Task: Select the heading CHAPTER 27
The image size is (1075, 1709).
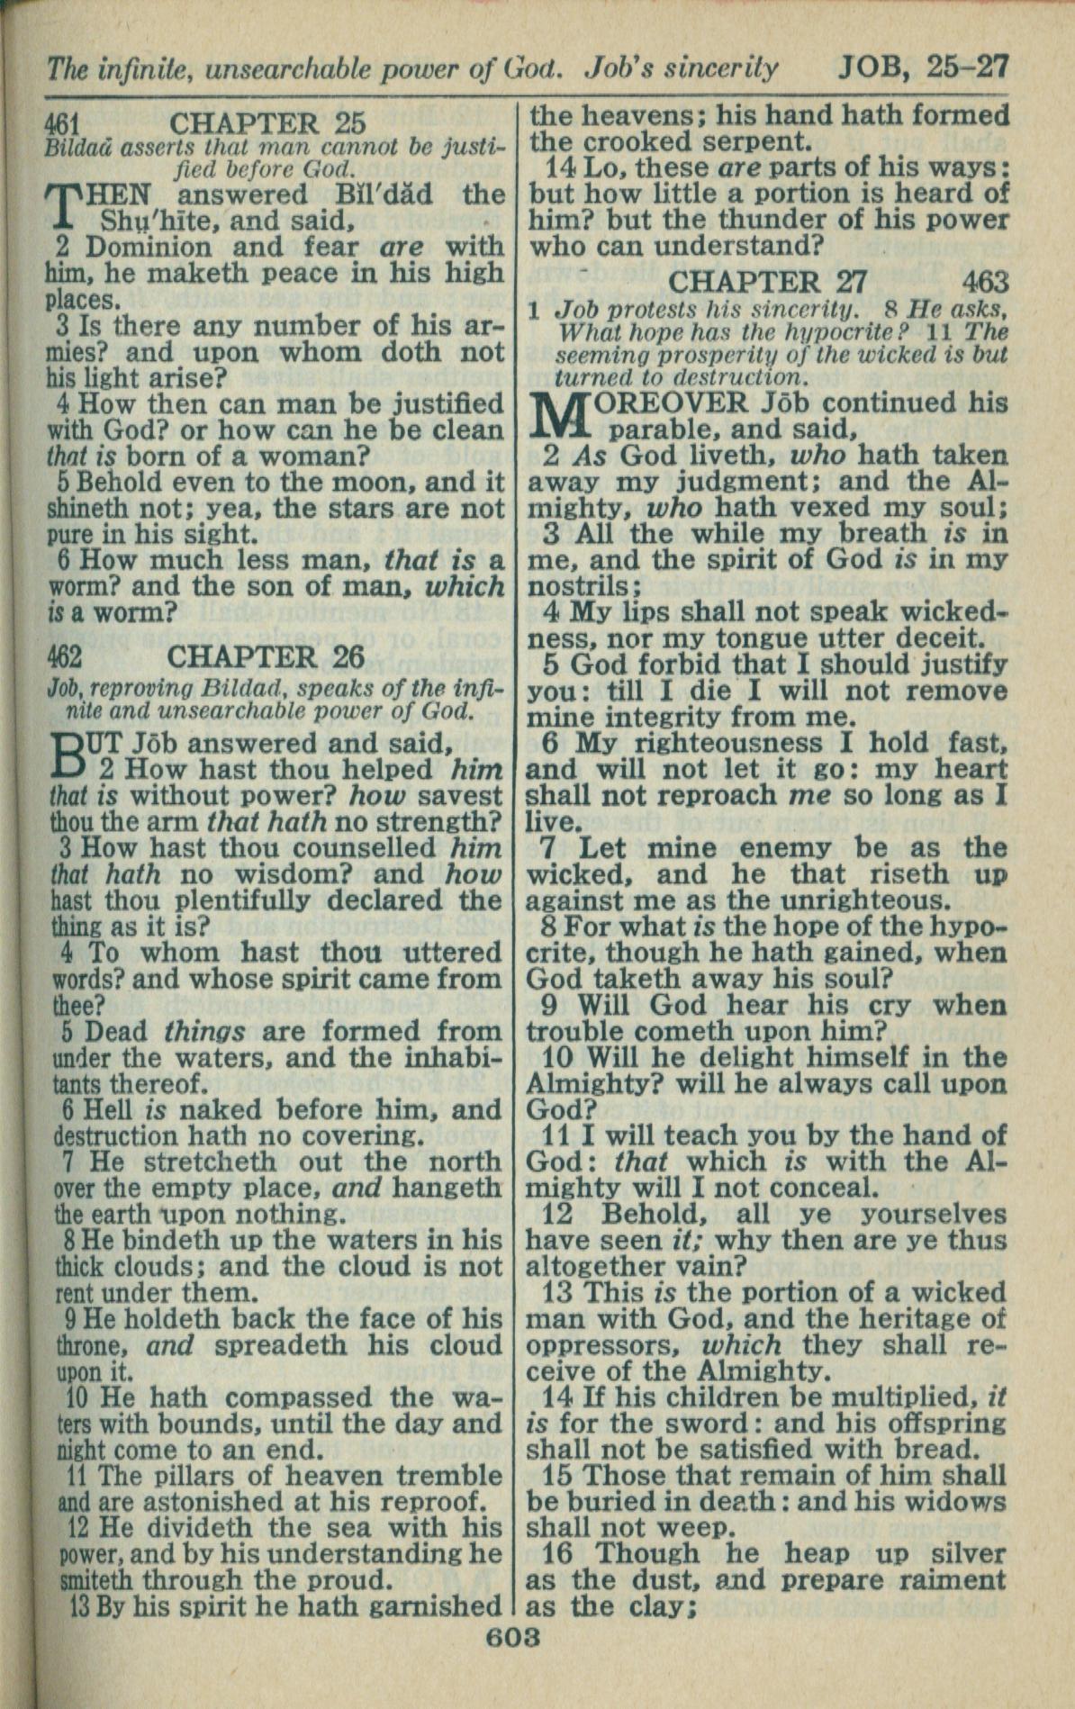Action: [x=767, y=282]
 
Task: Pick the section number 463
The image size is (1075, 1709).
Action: [x=984, y=282]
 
